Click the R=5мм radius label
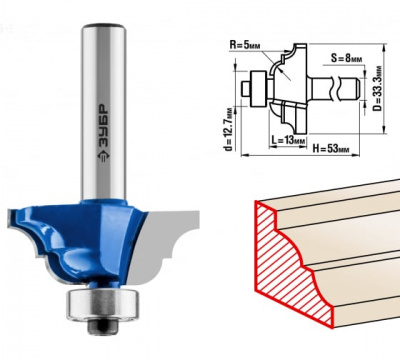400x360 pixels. coord(245,45)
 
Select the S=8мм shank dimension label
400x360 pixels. coord(346,59)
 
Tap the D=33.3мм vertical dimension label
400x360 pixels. coord(378,89)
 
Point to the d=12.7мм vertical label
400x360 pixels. coord(228,128)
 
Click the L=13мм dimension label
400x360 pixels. coord(288,140)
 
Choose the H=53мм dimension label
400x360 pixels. coord(331,148)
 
